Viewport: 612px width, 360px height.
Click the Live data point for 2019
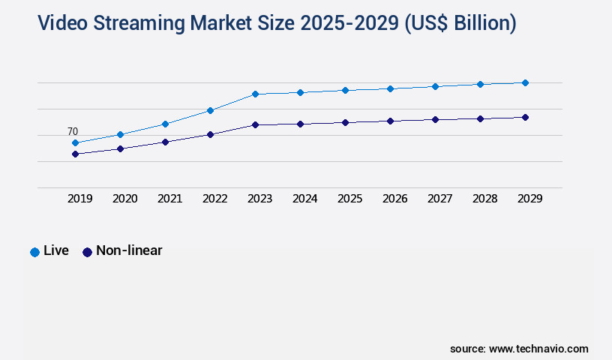75,142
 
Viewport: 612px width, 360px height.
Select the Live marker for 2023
255,94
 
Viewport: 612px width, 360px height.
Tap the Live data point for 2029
525,82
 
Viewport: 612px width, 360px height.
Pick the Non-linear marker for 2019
75,154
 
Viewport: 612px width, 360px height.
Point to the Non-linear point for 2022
210,134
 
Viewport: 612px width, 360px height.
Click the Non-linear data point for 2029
525,117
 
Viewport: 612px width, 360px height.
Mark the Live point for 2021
165,124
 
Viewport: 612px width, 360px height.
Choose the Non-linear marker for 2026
390,121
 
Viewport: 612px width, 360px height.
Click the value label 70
73,131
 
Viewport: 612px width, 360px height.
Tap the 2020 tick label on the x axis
125,199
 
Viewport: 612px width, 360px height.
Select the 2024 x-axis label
305,199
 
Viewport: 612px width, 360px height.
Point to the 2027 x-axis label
440,199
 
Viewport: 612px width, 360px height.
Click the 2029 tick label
530,199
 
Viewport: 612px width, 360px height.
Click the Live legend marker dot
34,252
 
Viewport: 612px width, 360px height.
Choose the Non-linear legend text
129,250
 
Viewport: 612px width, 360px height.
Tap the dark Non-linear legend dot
87,252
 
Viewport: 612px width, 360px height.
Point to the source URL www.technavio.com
538,349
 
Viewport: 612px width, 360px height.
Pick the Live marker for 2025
345,90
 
